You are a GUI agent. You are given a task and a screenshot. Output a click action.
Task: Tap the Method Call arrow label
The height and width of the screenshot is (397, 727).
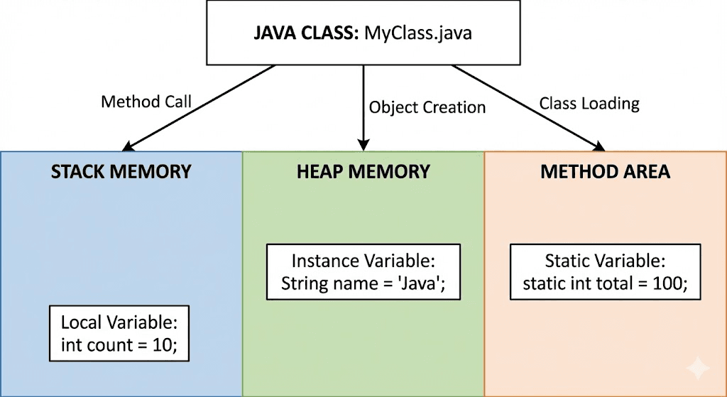click(x=146, y=102)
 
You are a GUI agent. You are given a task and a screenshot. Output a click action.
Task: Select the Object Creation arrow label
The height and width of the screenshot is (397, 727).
click(x=427, y=107)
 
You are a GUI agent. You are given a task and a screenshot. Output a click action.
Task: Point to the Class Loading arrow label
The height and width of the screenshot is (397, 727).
click(x=589, y=103)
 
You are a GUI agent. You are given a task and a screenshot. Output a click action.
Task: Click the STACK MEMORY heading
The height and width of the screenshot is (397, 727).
click(x=121, y=172)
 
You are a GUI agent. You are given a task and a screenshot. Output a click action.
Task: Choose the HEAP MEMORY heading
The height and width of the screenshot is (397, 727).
click(x=363, y=172)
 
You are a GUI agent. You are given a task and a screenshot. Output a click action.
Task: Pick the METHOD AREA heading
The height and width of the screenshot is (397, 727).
click(x=605, y=172)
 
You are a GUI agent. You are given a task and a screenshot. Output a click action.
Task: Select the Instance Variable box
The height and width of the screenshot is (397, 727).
click(x=363, y=272)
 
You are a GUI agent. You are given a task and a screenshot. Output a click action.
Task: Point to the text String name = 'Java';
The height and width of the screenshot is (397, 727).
click(x=363, y=283)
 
